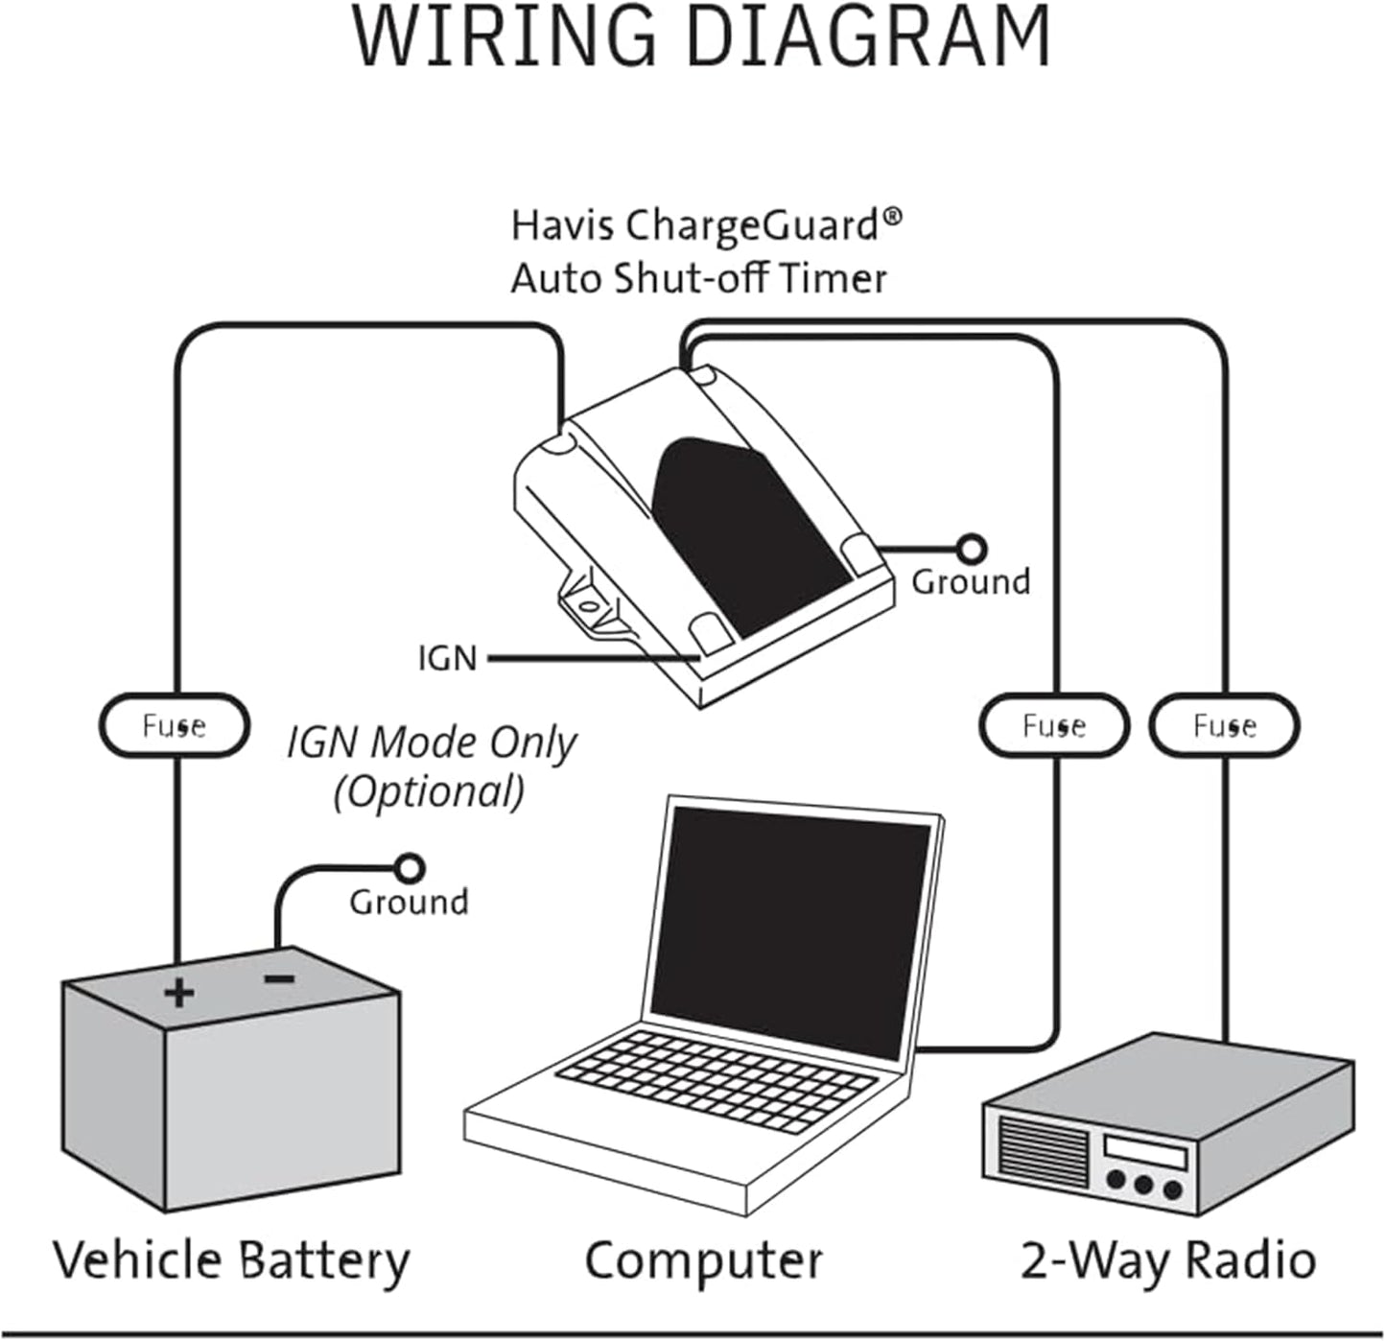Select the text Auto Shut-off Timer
[698, 279]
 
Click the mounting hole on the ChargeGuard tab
[586, 605]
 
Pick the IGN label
[447, 659]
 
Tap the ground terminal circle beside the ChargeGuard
[972, 549]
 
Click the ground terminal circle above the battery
[411, 868]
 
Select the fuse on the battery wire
[175, 726]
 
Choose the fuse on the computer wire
[1053, 726]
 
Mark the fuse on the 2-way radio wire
[1224, 726]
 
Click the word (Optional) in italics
[429, 792]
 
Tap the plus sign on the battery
[178, 993]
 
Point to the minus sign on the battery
[279, 979]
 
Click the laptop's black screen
[791, 926]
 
